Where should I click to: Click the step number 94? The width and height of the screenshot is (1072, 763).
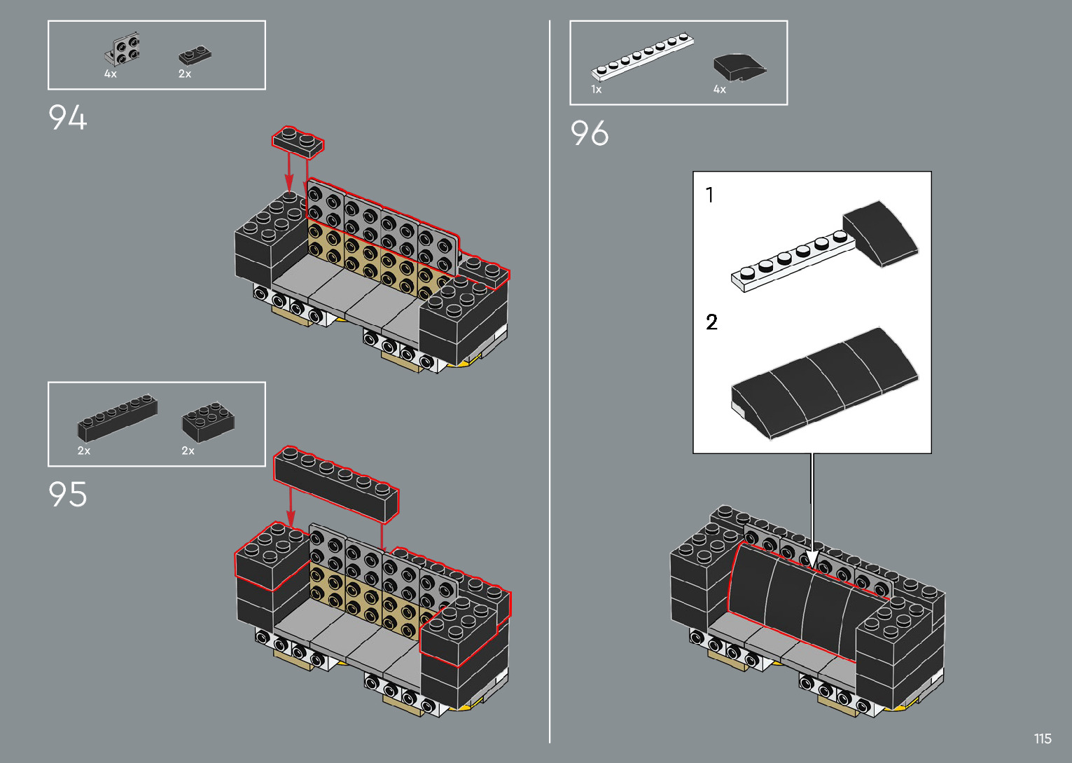[67, 117]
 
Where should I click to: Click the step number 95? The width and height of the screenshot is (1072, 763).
[67, 494]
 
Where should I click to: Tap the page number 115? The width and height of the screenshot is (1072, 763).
[1043, 738]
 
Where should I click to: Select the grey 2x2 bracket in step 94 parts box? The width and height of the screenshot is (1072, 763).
[123, 49]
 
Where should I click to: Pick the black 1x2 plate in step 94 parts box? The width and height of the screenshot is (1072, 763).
[195, 55]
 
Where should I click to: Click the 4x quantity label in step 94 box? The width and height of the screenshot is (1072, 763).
[111, 74]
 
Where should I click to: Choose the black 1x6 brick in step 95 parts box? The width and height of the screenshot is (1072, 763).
[117, 418]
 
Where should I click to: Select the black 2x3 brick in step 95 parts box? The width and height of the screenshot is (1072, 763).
[208, 422]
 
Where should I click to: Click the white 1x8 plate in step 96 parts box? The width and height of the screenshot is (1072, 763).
[642, 57]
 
